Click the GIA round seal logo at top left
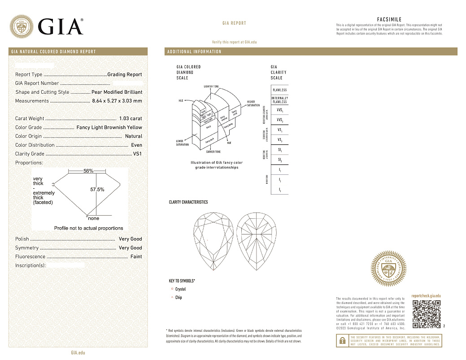22,27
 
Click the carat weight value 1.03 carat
131,119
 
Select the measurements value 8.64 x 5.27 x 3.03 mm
117,101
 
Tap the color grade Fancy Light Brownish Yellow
109,127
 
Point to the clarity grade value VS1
137,154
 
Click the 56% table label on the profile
88,171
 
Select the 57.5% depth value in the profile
97,190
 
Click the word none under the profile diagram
94,218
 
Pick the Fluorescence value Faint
136,256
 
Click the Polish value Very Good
130,239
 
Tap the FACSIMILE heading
389,20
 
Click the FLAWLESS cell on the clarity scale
279,90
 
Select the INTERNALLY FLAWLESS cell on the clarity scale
279,100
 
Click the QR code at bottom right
426,314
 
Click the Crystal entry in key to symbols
180,289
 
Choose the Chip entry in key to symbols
179,298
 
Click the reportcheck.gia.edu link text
426,296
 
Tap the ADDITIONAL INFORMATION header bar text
194,52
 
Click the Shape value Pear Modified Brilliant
117,92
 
